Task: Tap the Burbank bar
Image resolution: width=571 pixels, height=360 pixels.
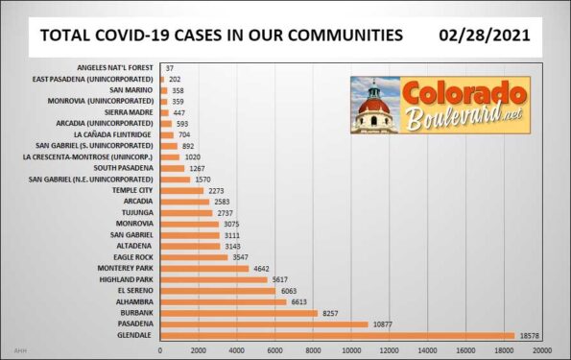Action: [x=238, y=312]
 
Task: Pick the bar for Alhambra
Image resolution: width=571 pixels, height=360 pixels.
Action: [x=223, y=300]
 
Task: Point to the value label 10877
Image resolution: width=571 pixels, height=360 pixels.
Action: [x=383, y=324]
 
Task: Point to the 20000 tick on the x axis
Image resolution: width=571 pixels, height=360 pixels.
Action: [x=541, y=350]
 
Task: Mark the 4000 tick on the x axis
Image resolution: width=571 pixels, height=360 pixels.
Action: [x=236, y=350]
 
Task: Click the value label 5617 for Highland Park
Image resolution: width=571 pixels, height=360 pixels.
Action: [x=281, y=279]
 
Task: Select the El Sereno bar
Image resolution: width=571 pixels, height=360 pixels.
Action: [x=217, y=290]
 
